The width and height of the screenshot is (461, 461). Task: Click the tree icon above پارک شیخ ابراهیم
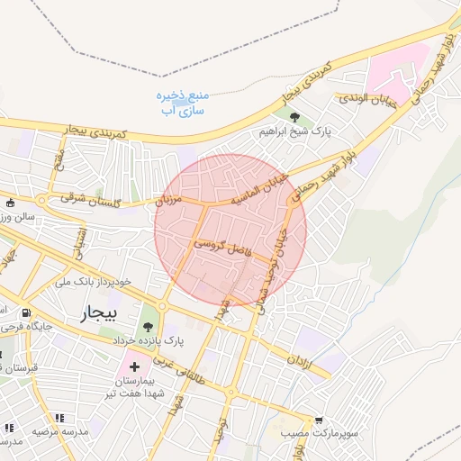coord(294,115)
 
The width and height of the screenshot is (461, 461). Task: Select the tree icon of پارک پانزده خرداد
coord(148,327)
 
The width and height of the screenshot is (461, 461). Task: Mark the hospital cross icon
coord(134,366)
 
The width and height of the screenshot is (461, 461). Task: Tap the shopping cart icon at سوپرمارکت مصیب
coord(318,420)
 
